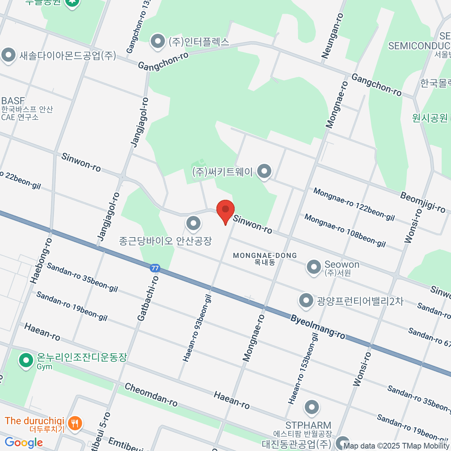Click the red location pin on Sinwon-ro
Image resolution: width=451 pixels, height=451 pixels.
click(x=225, y=211)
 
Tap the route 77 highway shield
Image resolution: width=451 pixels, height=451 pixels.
click(x=155, y=268)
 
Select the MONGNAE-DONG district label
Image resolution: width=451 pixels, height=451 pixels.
click(x=265, y=256)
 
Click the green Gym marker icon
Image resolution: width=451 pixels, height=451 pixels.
click(x=26, y=360)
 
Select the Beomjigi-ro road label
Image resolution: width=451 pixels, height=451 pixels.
click(x=422, y=202)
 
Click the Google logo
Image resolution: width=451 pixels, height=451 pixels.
click(x=24, y=442)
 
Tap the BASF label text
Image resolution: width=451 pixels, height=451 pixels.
click(x=13, y=101)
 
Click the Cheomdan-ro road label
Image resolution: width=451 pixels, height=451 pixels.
click(x=151, y=394)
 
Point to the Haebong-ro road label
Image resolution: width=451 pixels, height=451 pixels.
click(x=41, y=261)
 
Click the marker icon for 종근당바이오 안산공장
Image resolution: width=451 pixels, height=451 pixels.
click(x=194, y=224)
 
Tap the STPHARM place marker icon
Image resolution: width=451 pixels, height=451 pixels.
click(x=312, y=407)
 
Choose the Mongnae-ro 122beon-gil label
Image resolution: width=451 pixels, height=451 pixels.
click(x=354, y=204)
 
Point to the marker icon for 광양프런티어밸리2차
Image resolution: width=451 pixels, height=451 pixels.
click(x=306, y=300)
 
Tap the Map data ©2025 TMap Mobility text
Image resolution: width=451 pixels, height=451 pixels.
click(x=397, y=446)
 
